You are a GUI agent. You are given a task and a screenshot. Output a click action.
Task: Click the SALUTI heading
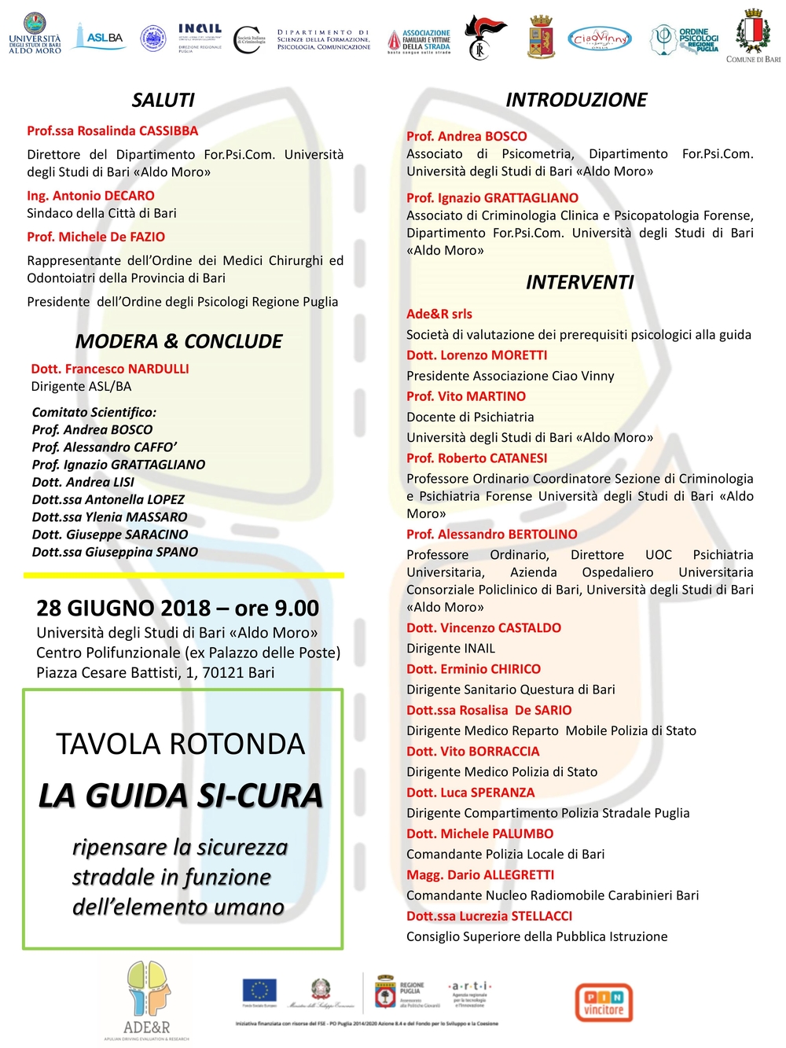[x=163, y=100]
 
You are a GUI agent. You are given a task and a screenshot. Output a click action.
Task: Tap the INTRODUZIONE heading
[x=576, y=100]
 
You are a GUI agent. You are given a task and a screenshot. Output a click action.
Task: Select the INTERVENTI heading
[x=579, y=282]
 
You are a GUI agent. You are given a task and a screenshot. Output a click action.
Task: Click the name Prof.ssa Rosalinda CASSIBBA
[x=112, y=131]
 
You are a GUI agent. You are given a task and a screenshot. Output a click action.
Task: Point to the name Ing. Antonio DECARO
[x=90, y=195]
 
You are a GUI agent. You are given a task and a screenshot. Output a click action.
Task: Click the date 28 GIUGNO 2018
[x=123, y=608]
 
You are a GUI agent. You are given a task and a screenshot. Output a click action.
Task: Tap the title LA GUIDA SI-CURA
[x=181, y=796]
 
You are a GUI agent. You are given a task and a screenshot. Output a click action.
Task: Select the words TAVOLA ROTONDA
[x=180, y=744]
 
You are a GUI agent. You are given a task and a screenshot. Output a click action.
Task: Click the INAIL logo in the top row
[x=200, y=36]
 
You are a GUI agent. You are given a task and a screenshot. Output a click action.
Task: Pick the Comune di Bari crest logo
[x=753, y=35]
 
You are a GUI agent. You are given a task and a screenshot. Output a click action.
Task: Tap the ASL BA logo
[x=99, y=37]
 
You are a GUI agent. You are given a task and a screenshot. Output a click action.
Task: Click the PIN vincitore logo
[x=604, y=1002]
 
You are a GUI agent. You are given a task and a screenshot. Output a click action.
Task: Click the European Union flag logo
[x=259, y=991]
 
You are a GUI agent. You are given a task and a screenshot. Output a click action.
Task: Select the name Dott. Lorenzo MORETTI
[x=476, y=355]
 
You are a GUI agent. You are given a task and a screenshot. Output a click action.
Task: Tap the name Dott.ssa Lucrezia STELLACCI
[x=489, y=916]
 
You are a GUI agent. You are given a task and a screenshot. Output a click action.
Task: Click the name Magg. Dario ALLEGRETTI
[x=480, y=874]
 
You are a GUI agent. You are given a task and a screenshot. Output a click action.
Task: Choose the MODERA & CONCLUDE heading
[x=178, y=341]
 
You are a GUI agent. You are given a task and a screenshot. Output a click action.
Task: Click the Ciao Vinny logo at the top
[x=600, y=38]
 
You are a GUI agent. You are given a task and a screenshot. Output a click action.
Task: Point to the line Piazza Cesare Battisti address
[x=155, y=672]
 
